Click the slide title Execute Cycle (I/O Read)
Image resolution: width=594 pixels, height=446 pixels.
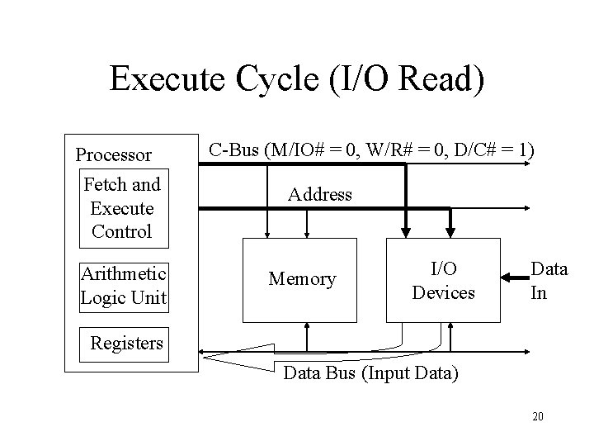click(x=297, y=79)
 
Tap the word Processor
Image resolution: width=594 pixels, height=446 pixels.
click(x=113, y=154)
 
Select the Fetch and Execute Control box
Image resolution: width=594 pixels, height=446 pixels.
click(x=122, y=208)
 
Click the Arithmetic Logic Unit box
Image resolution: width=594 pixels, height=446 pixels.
click(x=123, y=285)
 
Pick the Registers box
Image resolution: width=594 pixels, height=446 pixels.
click(x=126, y=342)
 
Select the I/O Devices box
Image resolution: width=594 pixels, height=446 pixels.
click(x=443, y=280)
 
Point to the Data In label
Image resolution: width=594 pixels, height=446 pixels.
click(x=549, y=280)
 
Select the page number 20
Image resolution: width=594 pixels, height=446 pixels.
click(x=537, y=416)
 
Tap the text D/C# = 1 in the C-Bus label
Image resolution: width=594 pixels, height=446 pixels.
click(x=492, y=150)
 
